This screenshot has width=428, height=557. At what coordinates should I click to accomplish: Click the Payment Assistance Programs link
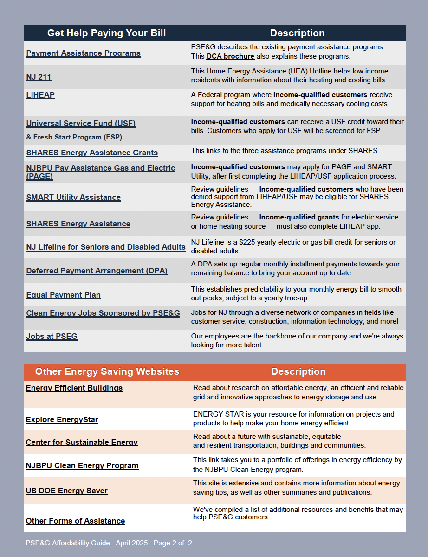pyautogui.click(x=83, y=53)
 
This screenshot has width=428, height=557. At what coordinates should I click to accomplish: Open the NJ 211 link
pyautogui.click(x=39, y=77)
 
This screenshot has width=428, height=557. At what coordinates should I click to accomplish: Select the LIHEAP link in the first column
pyautogui.click(x=40, y=95)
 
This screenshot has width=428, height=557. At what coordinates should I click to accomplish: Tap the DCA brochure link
pyautogui.click(x=230, y=57)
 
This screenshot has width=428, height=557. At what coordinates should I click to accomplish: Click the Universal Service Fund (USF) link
pyautogui.click(x=81, y=124)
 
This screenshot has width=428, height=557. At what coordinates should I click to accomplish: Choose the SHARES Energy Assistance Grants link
pyautogui.click(x=92, y=153)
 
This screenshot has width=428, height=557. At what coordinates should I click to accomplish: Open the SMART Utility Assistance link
pyautogui.click(x=73, y=198)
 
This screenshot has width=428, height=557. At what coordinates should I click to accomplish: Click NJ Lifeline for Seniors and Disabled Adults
pyautogui.click(x=106, y=247)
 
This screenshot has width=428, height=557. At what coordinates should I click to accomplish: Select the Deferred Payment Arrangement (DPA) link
pyautogui.click(x=97, y=271)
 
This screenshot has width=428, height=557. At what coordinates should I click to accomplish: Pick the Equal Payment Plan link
pyautogui.click(x=63, y=295)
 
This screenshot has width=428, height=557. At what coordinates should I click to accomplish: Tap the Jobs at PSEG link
pyautogui.click(x=52, y=337)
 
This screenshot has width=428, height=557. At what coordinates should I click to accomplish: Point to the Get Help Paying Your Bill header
pyautogui.click(x=106, y=33)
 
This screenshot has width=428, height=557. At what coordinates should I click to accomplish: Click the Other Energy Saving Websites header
pyautogui.click(x=107, y=371)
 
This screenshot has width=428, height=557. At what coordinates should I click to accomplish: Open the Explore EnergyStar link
pyautogui.click(x=62, y=420)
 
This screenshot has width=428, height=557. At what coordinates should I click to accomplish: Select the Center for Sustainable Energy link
pyautogui.click(x=82, y=443)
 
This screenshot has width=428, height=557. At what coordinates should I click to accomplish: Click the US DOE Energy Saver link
pyautogui.click(x=66, y=491)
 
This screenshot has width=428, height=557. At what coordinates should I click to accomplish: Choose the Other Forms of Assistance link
pyautogui.click(x=75, y=521)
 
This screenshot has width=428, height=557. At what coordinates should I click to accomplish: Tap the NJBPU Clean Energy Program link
pyautogui.click(x=82, y=466)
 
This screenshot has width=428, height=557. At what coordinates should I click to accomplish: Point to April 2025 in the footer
pyautogui.click(x=132, y=543)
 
